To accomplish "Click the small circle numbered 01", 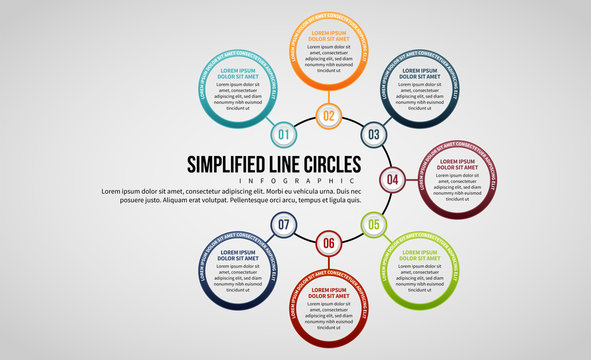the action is pyautogui.click(x=282, y=134).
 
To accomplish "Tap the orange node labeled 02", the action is pyautogui.click(x=328, y=116).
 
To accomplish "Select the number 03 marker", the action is pyautogui.click(x=373, y=134).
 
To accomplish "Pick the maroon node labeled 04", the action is pyautogui.click(x=392, y=180).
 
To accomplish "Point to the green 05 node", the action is pyautogui.click(x=373, y=225).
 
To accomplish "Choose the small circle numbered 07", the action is pyautogui.click(x=283, y=225).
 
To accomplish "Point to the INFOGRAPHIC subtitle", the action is pyautogui.click(x=275, y=181).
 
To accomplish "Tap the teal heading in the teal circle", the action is pyautogui.click(x=239, y=74).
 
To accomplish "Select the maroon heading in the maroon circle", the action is pyautogui.click(x=457, y=164).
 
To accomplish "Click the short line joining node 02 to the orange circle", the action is pyautogui.click(x=328, y=97).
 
